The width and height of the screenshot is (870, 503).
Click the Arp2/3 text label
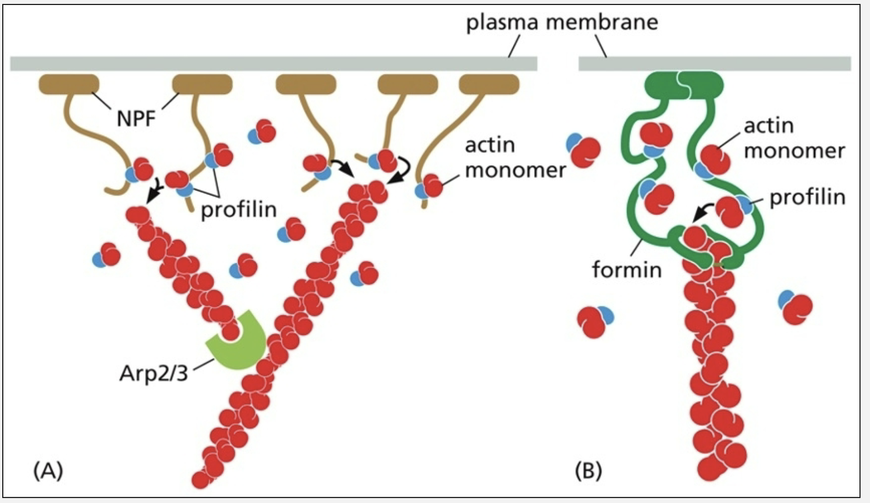coord(153,373)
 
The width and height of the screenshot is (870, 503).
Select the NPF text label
coord(136,118)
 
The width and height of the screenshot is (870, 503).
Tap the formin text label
coord(627,269)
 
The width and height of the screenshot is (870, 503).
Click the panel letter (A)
coord(48,471)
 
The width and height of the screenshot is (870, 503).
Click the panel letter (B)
coord(588,471)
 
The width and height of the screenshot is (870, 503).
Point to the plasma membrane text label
coord(562,22)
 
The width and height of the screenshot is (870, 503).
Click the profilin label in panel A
coord(239,209)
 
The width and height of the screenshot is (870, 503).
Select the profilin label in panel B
coord(807,197)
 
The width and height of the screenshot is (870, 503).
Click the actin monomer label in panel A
coord(515,157)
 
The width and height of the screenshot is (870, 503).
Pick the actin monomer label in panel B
coord(794,138)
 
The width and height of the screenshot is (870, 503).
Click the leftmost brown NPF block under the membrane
coord(69,85)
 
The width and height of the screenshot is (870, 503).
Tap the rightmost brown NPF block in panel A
coord(489,85)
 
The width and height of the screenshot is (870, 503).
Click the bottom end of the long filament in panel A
coord(200,479)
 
